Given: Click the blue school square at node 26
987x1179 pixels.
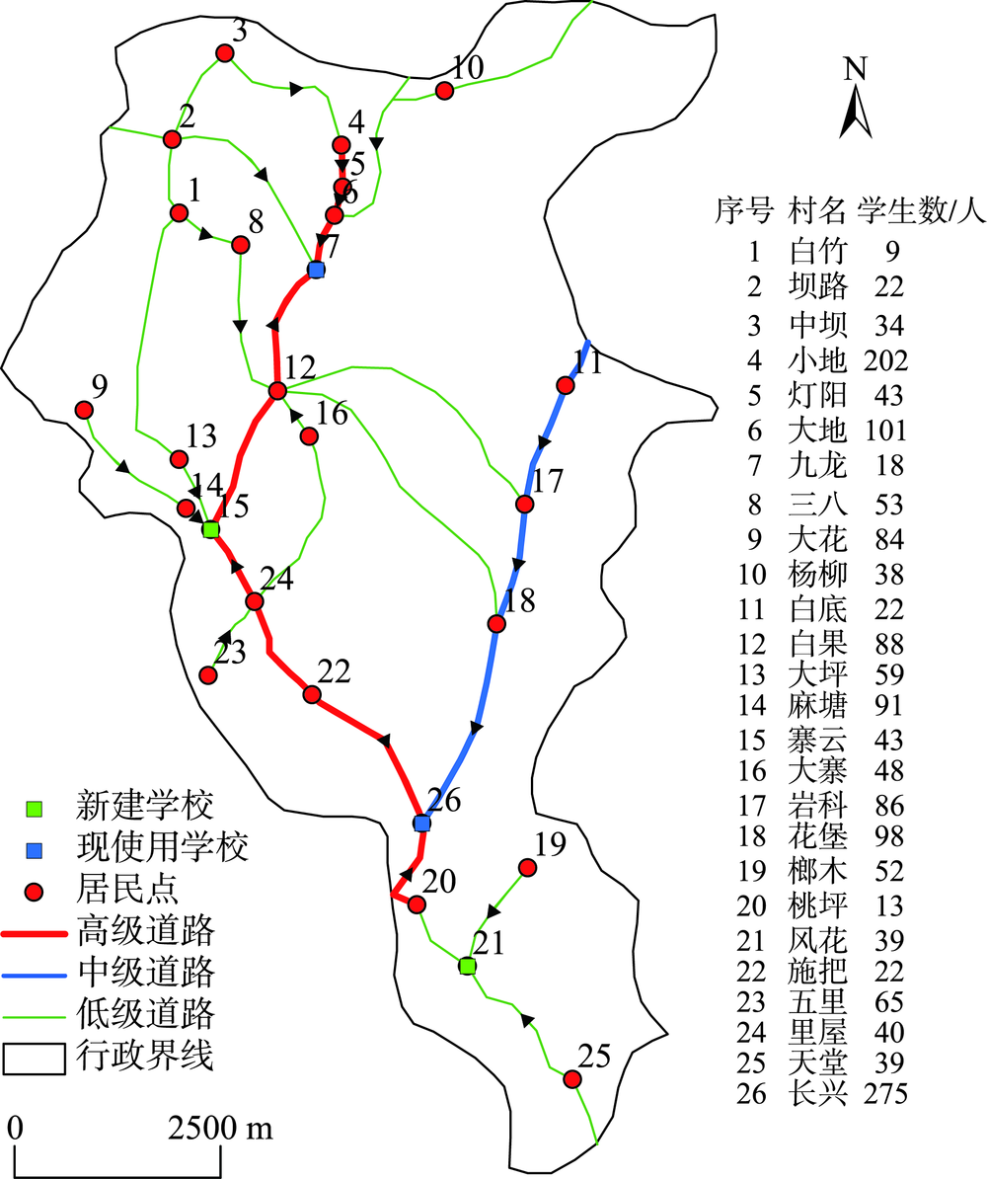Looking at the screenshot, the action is pos(421,824).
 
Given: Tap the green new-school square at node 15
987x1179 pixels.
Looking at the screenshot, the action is pos(211,530).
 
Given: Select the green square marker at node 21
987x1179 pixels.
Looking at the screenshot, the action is pos(468,967).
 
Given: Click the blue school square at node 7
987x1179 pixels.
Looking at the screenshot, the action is pos(317,270).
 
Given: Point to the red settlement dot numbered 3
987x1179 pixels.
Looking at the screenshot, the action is pos(224,52).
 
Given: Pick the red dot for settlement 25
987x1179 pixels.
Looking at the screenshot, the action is pos(572,1079).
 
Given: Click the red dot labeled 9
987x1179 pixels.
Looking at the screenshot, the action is pos(84,410).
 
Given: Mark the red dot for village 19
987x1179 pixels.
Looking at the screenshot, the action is pos(528,868).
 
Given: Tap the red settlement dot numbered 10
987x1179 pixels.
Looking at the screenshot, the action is pos(445,91).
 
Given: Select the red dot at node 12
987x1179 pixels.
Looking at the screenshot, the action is pos(278,391).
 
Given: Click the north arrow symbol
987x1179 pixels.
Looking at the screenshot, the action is pos(856,112).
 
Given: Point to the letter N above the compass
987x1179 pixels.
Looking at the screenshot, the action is pos(856,68).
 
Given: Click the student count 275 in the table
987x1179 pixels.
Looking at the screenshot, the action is pos(885,1093).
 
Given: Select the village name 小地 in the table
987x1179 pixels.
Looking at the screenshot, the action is pos(818,359).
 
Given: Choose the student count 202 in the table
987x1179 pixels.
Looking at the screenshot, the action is pos(885,360).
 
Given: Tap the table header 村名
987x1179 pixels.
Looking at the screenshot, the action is pos(818,211).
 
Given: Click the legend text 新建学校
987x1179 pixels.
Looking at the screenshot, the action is pos(145,806).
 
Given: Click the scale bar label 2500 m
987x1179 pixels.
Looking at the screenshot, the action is pos(220,1128).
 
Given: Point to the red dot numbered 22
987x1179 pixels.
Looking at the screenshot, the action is pos(312,694).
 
